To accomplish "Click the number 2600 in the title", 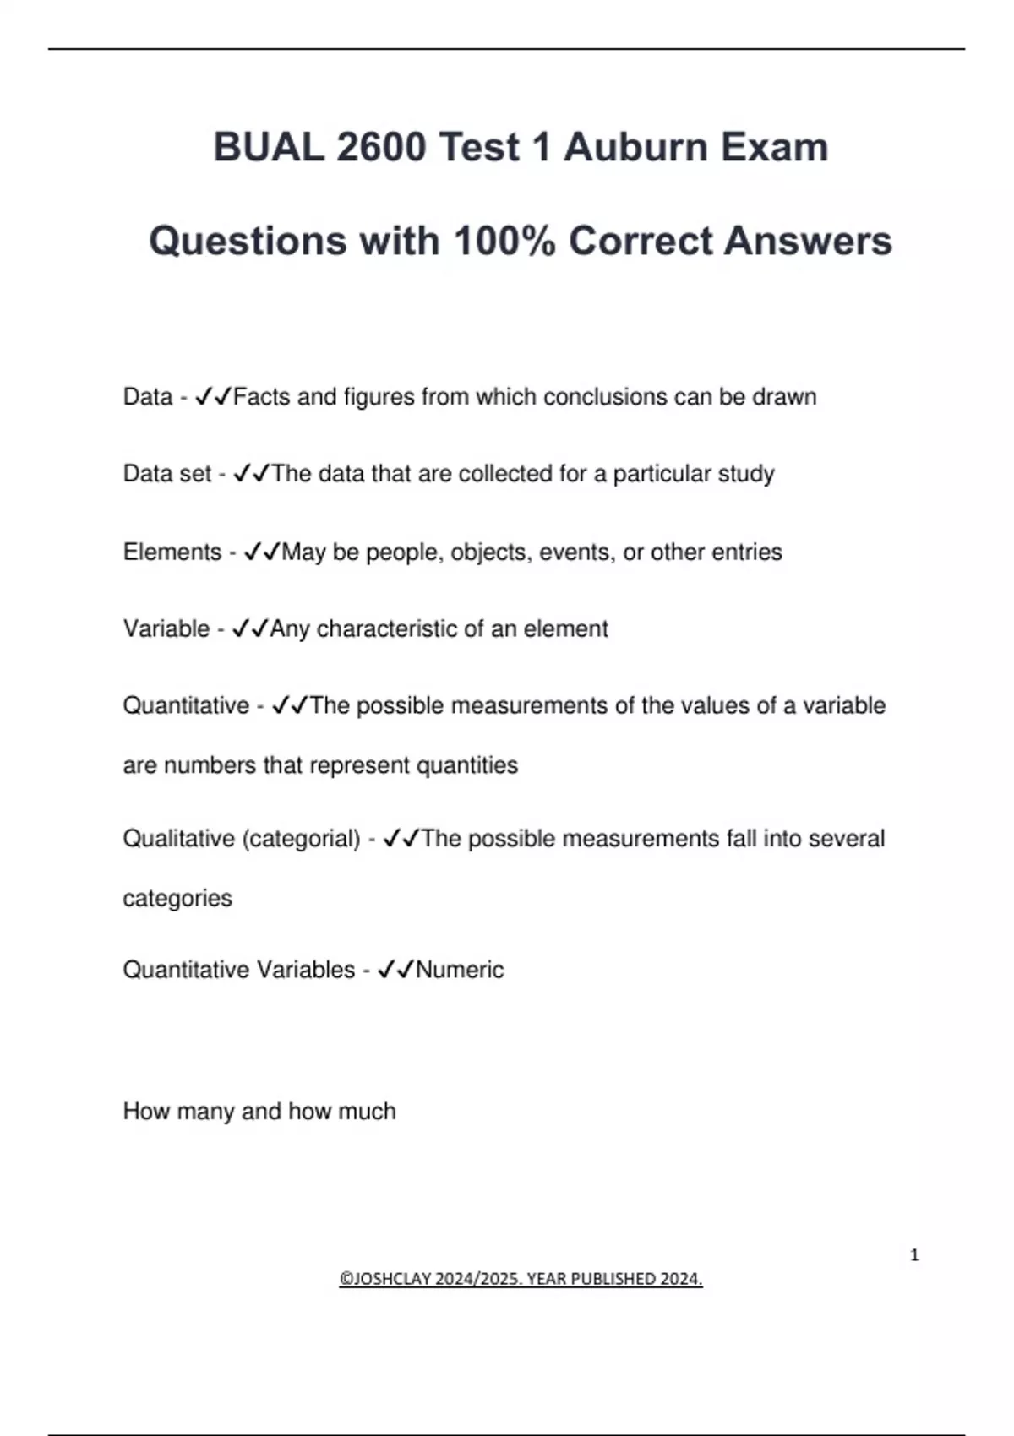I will point(380,147).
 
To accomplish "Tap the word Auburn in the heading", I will point(624,147).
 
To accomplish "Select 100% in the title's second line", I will point(504,241).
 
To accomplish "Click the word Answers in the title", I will point(807,241).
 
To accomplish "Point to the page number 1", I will point(914,1255).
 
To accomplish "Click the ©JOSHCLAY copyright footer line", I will point(521,1279).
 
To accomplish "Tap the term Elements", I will point(172,552).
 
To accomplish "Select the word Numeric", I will point(460,970).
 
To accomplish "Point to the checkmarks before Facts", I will point(213,397).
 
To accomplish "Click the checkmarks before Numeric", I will point(395,970).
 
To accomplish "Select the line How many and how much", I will point(259,1112).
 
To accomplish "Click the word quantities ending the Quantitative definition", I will point(467,765).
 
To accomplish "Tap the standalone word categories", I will point(177,898).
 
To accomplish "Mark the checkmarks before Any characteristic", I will point(250,629).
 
